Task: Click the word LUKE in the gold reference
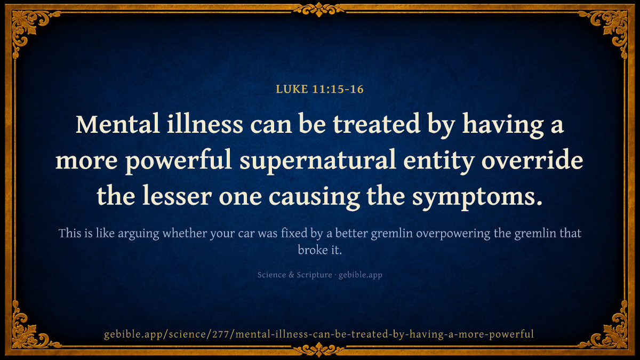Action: [292, 89]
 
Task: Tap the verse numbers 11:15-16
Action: [338, 89]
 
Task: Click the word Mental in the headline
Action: [117, 124]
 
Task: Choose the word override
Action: [532, 159]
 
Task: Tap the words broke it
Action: [319, 250]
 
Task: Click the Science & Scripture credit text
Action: [294, 275]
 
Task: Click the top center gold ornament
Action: [319, 9]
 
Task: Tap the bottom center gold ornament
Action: [319, 350]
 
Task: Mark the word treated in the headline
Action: [377, 124]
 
